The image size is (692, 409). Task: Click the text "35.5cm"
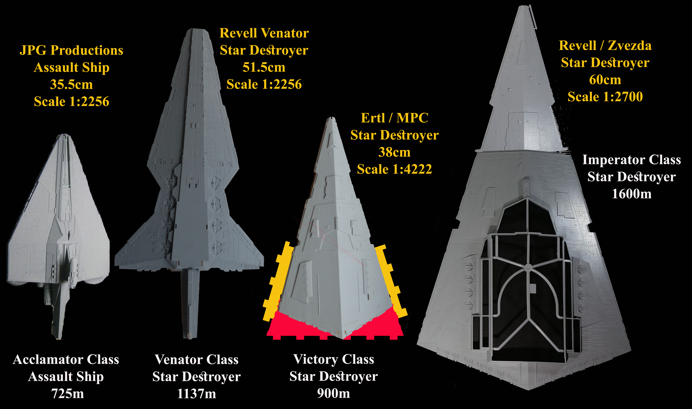point(71,84)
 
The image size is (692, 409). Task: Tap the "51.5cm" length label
point(264,67)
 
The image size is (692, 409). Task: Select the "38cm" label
point(394,152)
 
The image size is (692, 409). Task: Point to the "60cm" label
point(605,80)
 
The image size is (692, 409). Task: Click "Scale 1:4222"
point(394,169)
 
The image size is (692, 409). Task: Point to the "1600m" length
point(632,194)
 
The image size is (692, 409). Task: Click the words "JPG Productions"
point(71,50)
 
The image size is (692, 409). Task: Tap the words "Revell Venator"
point(264,33)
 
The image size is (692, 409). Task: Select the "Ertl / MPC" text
point(394,118)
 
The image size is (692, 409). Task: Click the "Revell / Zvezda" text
point(605,46)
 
